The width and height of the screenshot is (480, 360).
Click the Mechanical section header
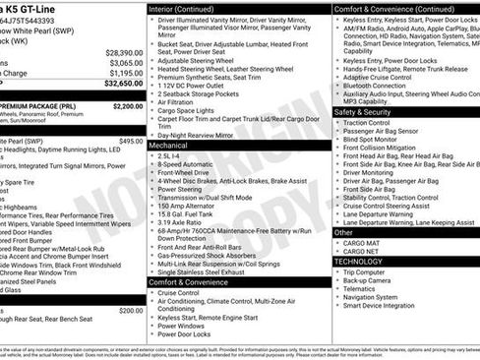tap(171, 145)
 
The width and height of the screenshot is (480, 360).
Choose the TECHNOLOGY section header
tap(359, 262)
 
